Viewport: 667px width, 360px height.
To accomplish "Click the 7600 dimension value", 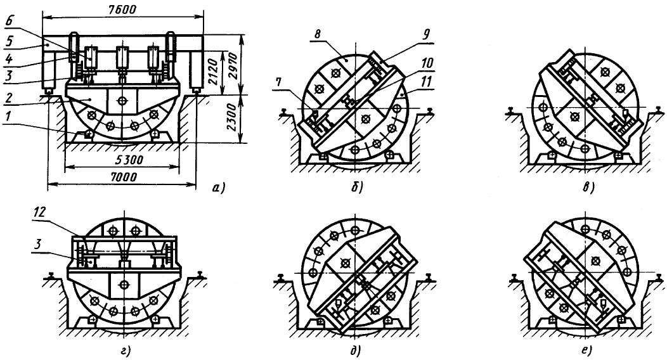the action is (122, 9).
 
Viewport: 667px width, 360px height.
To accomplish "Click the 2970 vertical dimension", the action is (233, 65).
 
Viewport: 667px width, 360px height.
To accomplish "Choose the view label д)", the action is (355, 350).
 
